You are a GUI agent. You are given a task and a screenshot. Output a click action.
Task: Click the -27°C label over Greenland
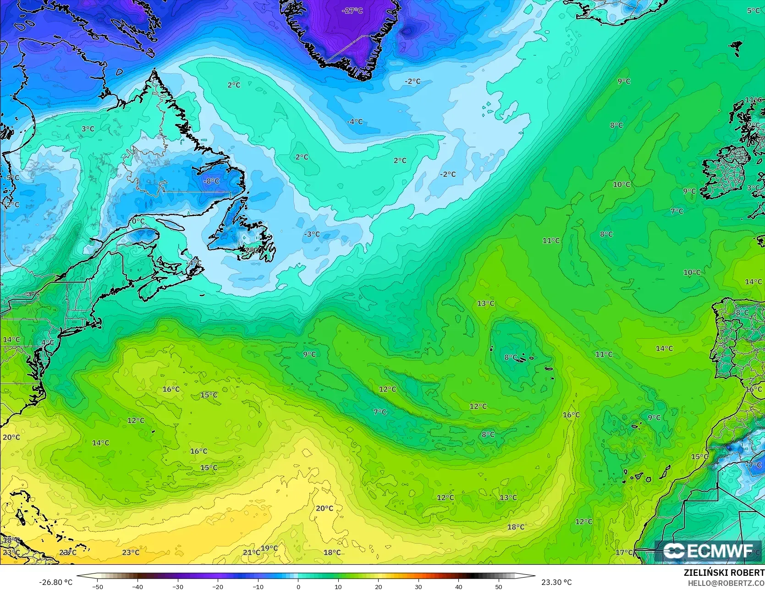[x=352, y=11]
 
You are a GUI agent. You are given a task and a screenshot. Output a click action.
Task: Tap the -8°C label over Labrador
[x=211, y=181]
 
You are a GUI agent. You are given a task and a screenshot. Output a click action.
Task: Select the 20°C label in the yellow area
[x=324, y=508]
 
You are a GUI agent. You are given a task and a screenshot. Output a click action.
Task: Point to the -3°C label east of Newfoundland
[x=312, y=234]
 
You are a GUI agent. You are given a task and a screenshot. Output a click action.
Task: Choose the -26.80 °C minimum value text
[x=56, y=582]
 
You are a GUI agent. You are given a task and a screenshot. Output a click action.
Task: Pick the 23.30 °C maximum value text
[x=556, y=582]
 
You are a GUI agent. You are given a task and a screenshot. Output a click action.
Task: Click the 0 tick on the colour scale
[x=298, y=586]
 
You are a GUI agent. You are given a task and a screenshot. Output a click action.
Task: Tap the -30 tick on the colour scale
[x=178, y=586]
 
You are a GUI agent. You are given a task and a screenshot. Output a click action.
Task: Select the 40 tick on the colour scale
[x=458, y=586]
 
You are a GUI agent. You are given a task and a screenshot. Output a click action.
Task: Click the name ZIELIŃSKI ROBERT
[x=724, y=573]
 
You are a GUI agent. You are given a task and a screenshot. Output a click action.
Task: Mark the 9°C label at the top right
[x=624, y=81]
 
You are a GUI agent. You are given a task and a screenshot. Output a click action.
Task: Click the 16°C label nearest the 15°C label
[x=171, y=389]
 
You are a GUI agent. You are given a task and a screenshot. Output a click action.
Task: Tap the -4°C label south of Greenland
[x=354, y=121]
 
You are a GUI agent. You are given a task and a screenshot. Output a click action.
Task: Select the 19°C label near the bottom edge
[x=269, y=548]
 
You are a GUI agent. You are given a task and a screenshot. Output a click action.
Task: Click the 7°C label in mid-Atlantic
[x=380, y=412]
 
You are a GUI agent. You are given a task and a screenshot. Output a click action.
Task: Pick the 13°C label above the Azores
[x=485, y=303]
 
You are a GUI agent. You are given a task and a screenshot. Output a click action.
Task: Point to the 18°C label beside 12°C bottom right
[x=516, y=527]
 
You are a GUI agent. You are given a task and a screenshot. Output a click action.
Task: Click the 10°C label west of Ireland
[x=622, y=184]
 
